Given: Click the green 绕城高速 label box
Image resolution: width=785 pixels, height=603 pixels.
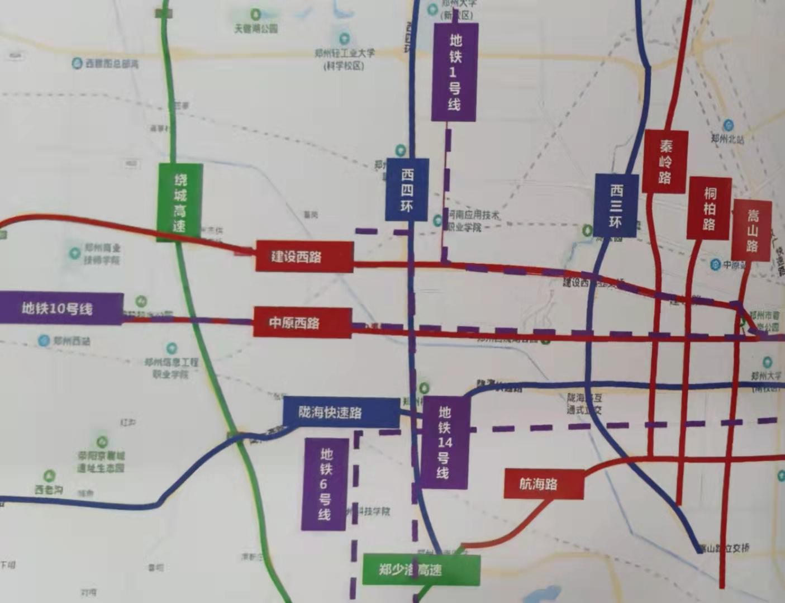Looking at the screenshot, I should [x=180, y=202].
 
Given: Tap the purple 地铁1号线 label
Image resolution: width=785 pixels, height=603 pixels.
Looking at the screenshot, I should [x=454, y=72].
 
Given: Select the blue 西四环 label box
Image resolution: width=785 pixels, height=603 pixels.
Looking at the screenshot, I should [x=407, y=189].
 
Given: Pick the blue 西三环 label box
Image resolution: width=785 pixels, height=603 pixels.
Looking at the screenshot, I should [x=616, y=205].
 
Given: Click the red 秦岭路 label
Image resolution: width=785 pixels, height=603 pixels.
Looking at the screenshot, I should [x=665, y=162].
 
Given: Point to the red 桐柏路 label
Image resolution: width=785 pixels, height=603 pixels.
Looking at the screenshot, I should [x=710, y=208].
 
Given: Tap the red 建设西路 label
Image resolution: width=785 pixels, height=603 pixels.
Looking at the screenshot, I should [x=304, y=257].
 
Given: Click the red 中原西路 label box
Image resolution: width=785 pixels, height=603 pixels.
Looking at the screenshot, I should [x=302, y=322].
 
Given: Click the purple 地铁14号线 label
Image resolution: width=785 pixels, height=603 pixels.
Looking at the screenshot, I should [x=444, y=443].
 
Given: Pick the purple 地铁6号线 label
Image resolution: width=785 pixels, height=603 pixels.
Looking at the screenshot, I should [x=325, y=484].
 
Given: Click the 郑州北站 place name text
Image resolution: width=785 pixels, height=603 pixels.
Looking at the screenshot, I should [x=727, y=139].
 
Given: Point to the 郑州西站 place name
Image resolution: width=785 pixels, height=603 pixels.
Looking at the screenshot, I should [x=72, y=341].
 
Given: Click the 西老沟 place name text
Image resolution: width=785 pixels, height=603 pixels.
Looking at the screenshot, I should [x=49, y=490].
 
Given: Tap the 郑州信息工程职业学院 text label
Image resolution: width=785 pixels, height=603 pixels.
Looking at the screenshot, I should [x=172, y=368].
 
